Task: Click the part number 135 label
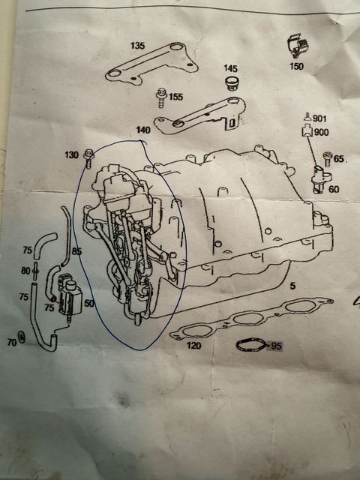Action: (137, 46)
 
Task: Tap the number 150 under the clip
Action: (296, 66)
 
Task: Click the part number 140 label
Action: (143, 130)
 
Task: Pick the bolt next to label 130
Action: (88, 158)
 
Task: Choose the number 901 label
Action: (319, 118)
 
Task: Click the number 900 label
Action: (322, 132)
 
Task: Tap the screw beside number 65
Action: (328, 159)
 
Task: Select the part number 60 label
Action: (334, 189)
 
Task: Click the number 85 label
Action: (76, 251)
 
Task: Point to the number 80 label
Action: (25, 271)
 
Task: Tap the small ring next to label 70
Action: (22, 337)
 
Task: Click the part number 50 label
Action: (88, 303)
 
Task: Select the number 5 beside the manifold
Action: (293, 286)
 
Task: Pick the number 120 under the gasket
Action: (194, 346)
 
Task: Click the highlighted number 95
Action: (276, 346)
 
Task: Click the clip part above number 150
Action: (298, 45)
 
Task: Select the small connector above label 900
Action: (307, 117)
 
